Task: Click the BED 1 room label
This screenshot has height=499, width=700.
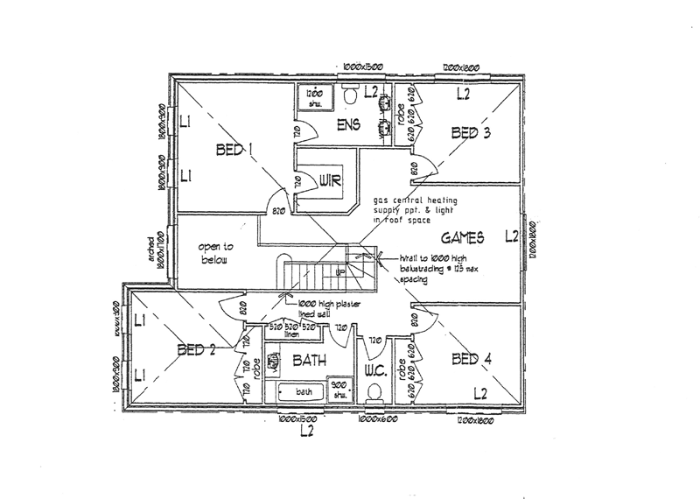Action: [x=234, y=151]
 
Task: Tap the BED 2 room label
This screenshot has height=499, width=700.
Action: [x=196, y=351]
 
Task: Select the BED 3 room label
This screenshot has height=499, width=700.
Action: [x=470, y=133]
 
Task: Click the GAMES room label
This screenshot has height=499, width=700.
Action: [x=463, y=236]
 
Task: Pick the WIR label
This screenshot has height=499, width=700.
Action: [x=329, y=181]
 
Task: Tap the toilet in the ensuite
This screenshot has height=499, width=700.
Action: [x=350, y=95]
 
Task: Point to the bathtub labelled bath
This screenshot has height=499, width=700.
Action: [x=301, y=391]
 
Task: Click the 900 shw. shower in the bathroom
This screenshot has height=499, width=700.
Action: [x=337, y=389]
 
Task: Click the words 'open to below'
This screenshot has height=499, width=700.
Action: [x=213, y=254]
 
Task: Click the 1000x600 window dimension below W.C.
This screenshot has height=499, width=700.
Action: [x=377, y=422]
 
